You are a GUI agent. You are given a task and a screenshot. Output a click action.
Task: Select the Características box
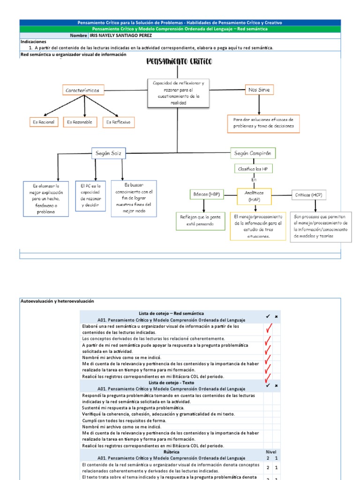(85, 90)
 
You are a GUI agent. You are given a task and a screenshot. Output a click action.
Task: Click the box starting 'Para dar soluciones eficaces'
(263, 123)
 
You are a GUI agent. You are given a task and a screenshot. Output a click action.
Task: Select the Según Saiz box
(108, 153)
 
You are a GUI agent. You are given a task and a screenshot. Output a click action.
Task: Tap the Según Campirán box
(253, 153)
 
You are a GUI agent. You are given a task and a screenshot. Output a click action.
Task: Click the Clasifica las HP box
(253, 168)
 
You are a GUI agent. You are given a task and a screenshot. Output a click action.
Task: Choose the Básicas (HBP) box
(207, 194)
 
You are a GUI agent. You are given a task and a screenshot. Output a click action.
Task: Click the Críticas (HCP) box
(308, 195)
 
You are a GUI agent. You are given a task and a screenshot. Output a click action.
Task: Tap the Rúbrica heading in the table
(171, 452)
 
